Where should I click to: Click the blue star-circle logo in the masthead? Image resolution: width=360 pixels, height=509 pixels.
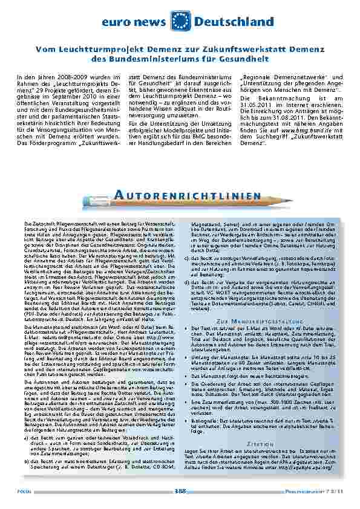tap(180, 21)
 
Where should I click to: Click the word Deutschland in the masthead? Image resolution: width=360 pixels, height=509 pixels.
tap(234, 21)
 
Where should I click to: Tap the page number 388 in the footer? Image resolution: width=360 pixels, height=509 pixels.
tap(180, 491)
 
